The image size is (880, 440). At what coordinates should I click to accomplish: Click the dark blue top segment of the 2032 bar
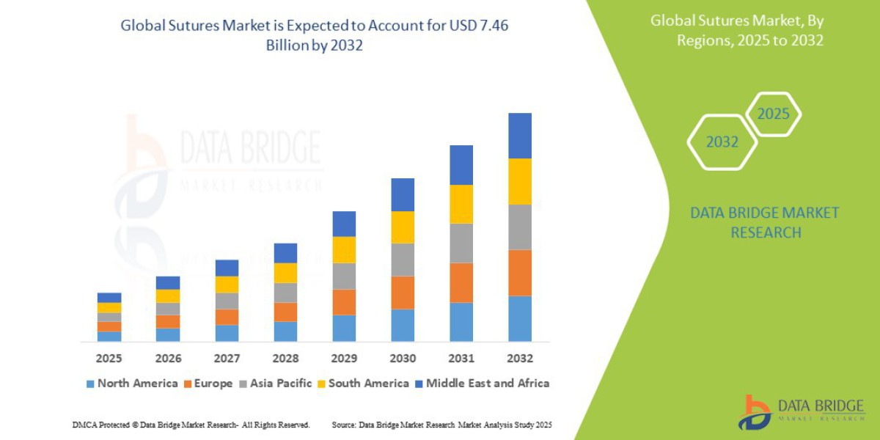coord(519,136)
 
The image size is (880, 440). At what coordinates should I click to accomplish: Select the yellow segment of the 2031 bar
coord(461,204)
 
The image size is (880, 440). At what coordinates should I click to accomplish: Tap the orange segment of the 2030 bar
coord(403,293)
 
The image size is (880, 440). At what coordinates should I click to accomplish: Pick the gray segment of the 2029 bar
coord(344,276)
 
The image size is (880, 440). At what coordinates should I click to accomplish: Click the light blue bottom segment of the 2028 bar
coord(285,331)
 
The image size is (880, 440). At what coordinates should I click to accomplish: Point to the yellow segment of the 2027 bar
coord(227,285)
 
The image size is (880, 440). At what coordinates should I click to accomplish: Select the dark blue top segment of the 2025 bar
coord(109,298)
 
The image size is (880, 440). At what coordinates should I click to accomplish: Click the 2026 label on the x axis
coord(168,359)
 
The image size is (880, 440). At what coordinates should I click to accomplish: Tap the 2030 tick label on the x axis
coord(403,359)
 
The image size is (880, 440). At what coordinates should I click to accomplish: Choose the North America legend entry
coord(131,383)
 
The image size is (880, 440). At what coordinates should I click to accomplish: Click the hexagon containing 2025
coord(773,114)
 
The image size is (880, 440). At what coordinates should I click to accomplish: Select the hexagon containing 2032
coord(722,142)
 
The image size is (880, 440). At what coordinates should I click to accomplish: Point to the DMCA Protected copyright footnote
coord(191,425)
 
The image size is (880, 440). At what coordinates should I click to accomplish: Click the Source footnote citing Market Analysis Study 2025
coord(441,425)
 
